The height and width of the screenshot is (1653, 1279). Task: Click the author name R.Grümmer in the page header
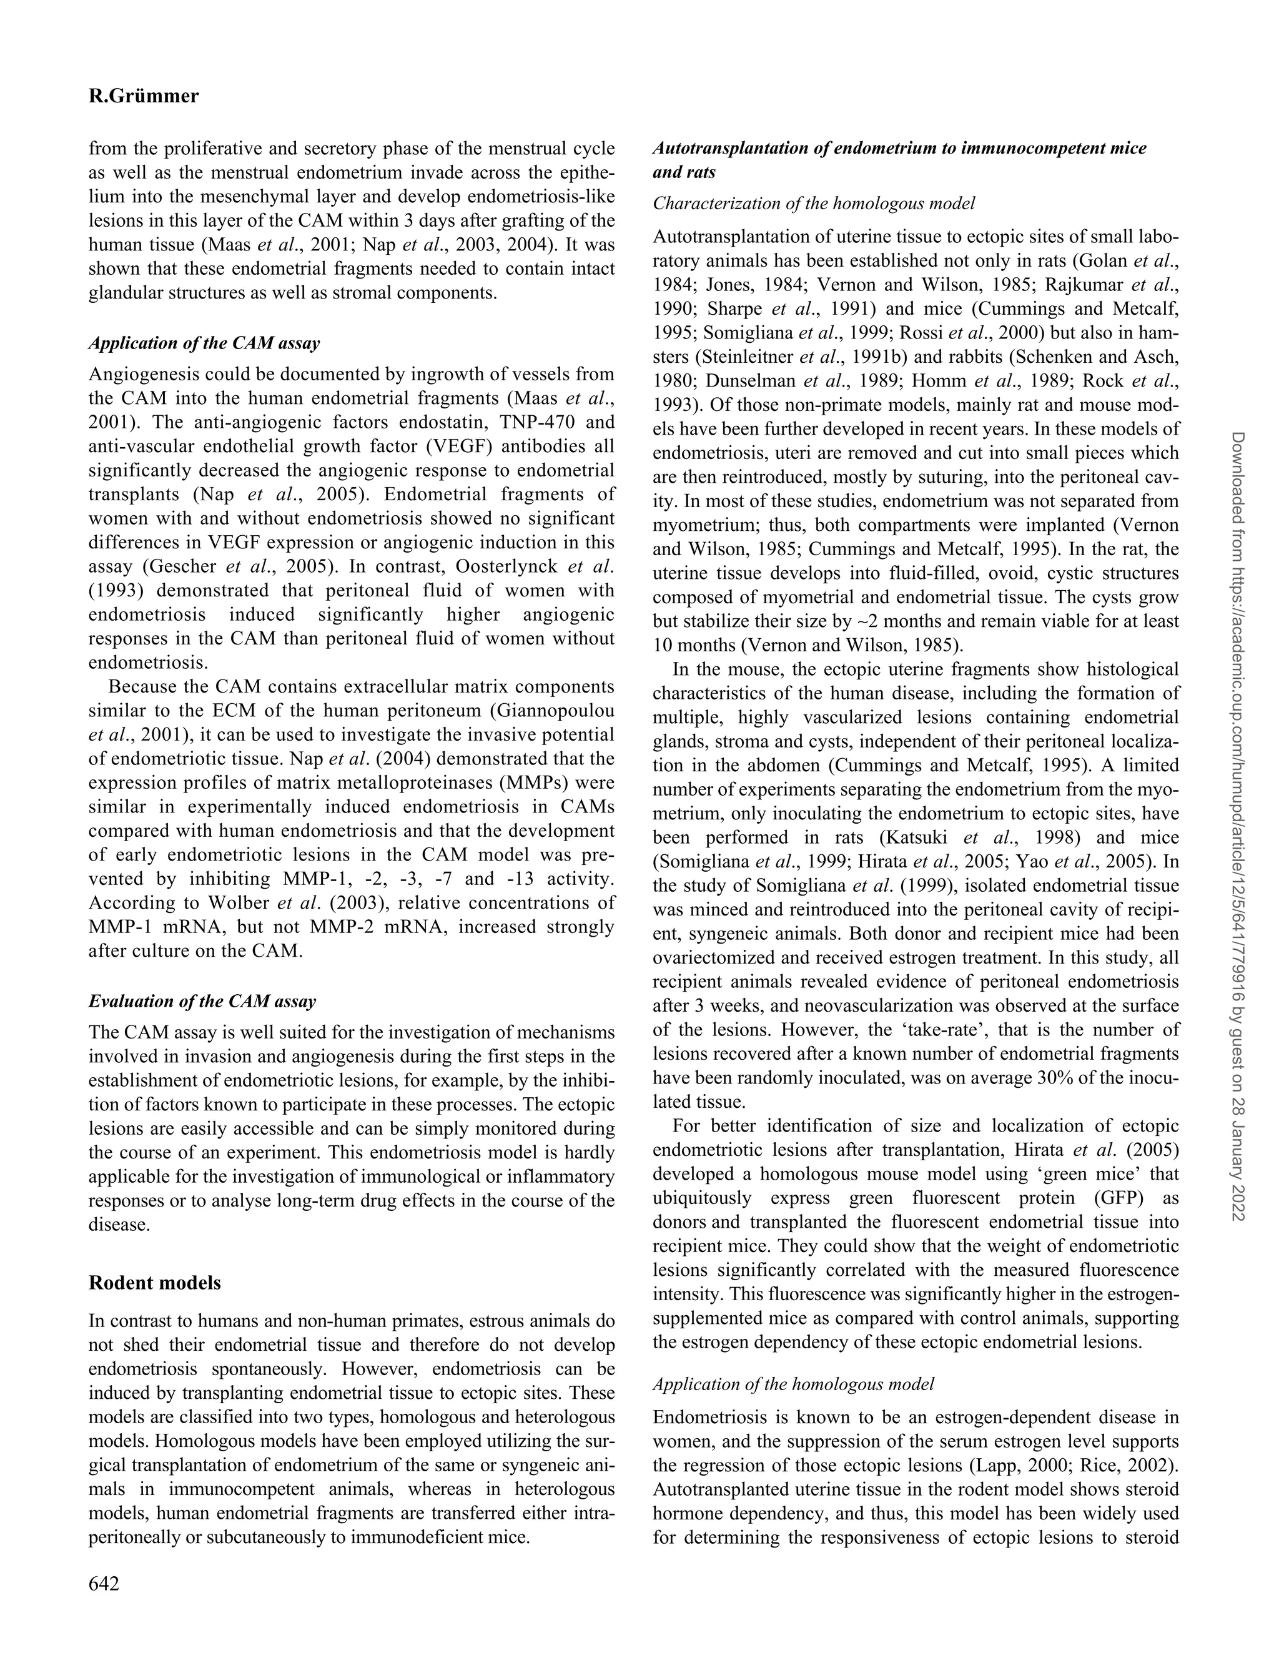click(144, 96)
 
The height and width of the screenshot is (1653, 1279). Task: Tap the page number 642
click(104, 1583)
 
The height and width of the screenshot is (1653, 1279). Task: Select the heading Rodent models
click(155, 1283)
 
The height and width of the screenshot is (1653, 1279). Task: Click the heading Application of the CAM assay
click(204, 343)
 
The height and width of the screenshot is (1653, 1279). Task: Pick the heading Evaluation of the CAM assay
click(202, 1001)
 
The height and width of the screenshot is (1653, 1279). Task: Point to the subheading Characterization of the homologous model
click(814, 204)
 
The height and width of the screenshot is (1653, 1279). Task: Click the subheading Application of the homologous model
click(793, 1384)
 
